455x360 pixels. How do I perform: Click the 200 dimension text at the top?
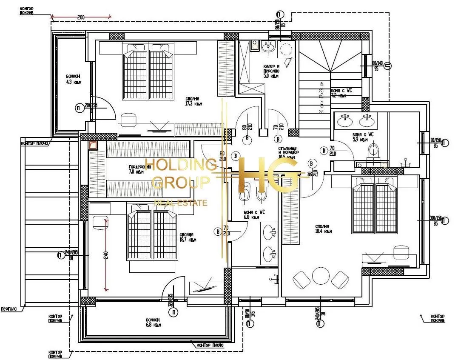point(81,17)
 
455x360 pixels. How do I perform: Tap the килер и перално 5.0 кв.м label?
point(271,71)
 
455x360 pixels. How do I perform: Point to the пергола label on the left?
point(9,309)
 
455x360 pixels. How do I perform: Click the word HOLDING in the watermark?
point(181,165)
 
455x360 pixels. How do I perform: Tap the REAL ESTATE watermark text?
point(180,203)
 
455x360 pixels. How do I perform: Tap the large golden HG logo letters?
point(268,175)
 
